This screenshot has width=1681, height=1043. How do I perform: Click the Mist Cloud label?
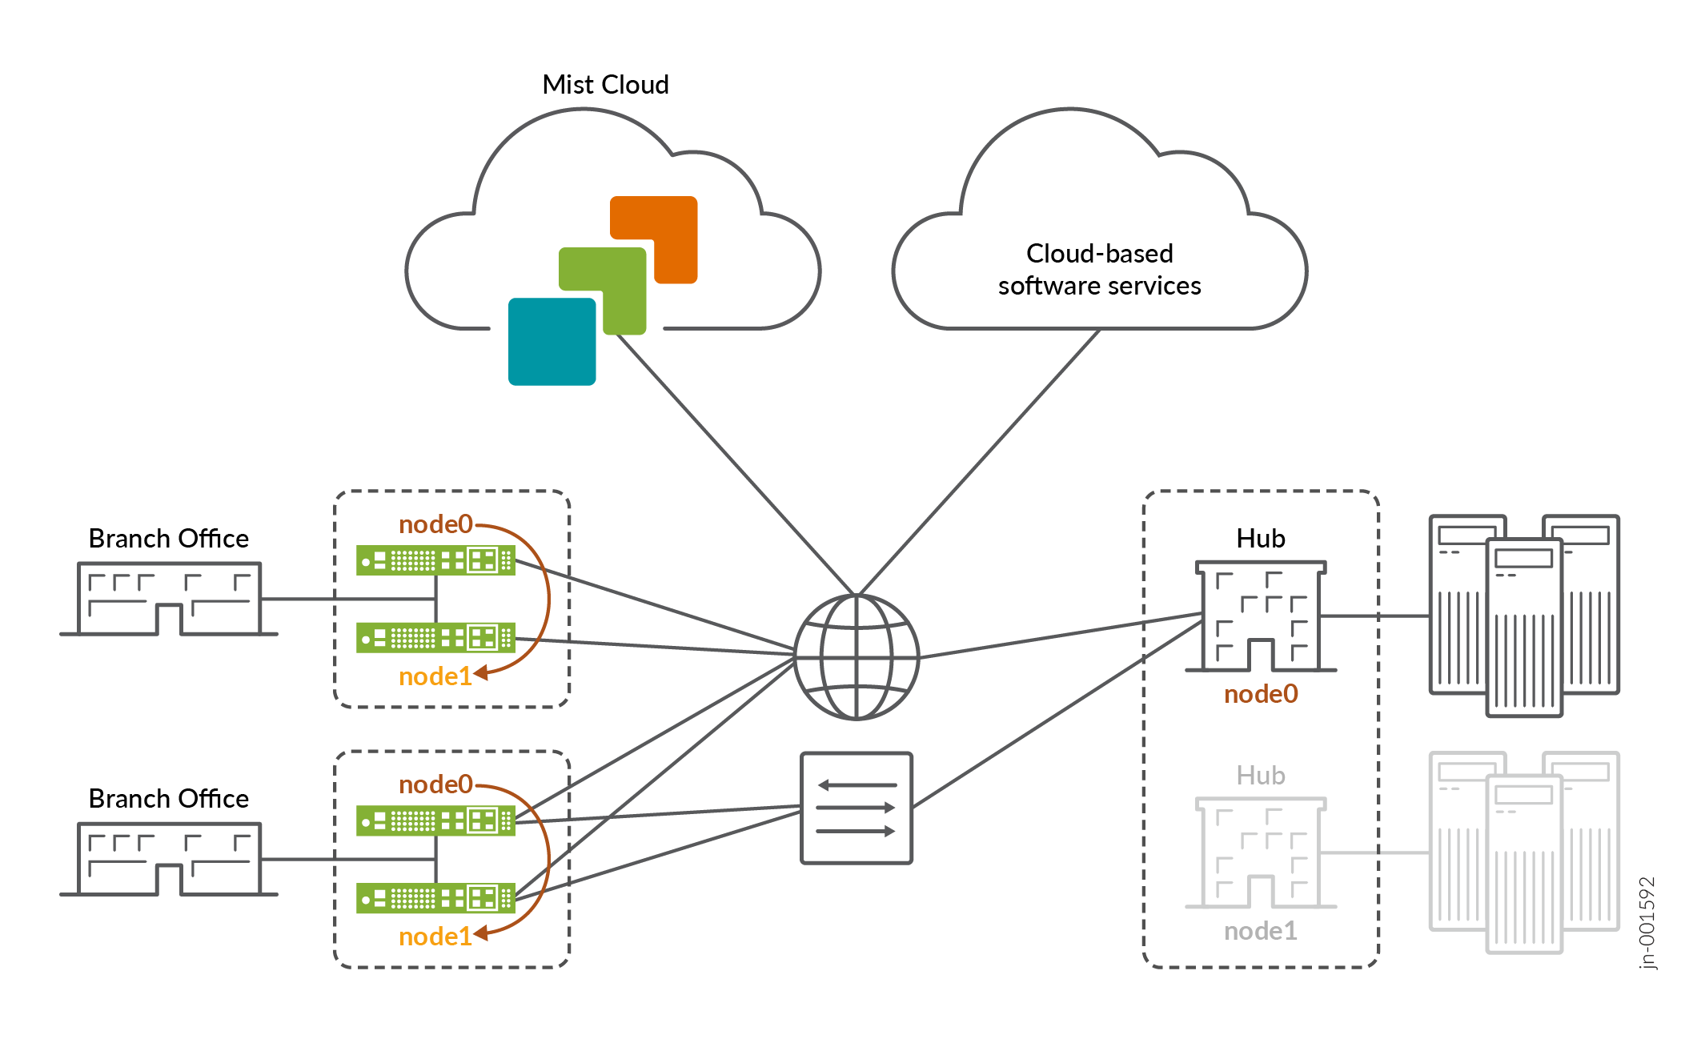[605, 84]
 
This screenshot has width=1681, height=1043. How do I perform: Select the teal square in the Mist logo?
[552, 342]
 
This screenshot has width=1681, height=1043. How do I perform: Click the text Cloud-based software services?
[1099, 270]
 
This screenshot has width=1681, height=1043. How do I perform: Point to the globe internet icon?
[856, 657]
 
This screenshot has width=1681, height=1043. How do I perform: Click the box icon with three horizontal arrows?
[856, 808]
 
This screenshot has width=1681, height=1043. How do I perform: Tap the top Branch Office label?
[168, 539]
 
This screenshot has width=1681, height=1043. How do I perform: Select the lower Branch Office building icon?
[169, 860]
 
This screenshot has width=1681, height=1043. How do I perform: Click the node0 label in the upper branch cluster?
[435, 524]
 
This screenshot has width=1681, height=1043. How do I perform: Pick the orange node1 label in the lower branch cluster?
[435, 937]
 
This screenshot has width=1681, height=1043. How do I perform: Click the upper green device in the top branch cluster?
[435, 560]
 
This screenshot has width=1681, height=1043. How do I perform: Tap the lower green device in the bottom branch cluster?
[435, 898]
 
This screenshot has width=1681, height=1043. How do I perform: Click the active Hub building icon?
[1261, 617]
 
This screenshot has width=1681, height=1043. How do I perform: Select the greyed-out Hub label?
[1260, 776]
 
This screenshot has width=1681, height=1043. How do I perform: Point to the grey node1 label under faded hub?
[1260, 931]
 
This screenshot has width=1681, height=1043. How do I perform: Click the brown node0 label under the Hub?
[1261, 694]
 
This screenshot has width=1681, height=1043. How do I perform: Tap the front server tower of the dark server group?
[1523, 628]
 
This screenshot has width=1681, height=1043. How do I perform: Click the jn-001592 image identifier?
[1646, 923]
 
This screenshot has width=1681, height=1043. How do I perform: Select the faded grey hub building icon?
[1261, 853]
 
